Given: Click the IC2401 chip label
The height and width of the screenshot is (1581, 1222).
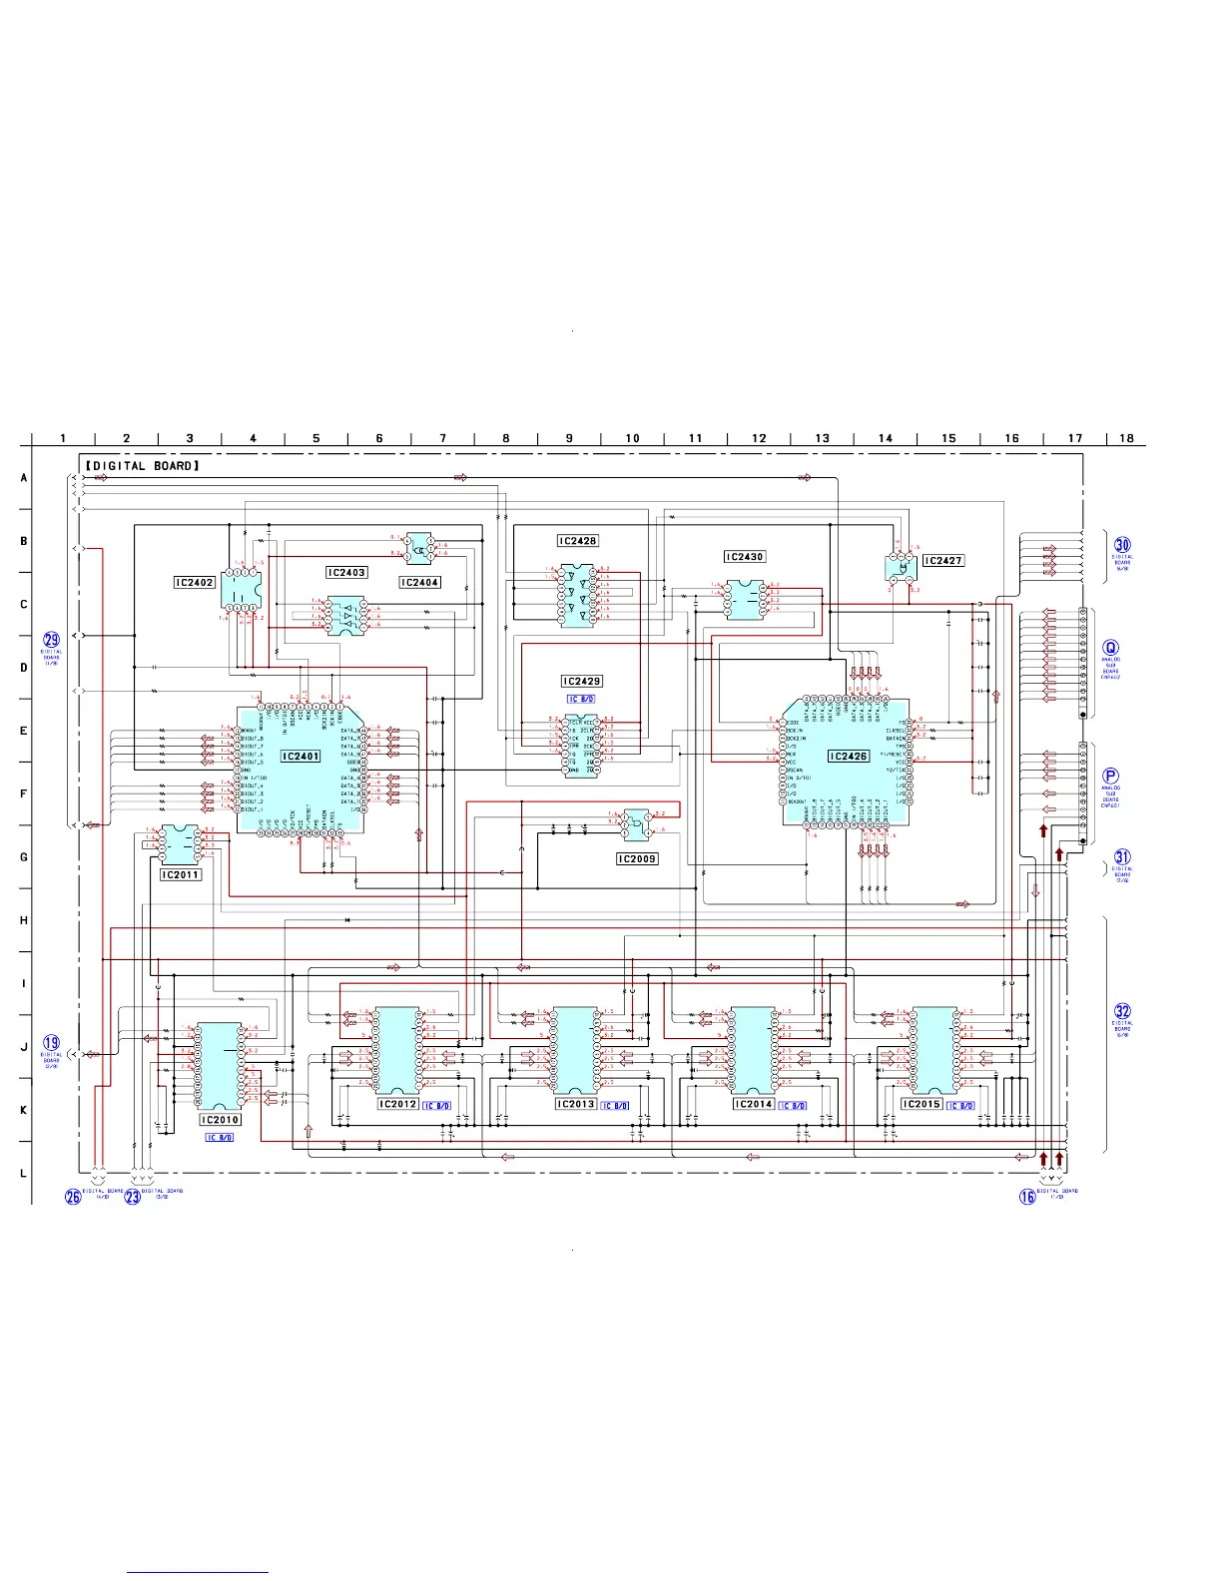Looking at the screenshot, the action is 301,757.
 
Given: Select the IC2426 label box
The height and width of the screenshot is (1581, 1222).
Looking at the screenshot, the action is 849,757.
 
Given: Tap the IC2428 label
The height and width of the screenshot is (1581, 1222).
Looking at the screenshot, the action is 577,541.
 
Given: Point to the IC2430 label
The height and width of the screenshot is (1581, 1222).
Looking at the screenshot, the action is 745,557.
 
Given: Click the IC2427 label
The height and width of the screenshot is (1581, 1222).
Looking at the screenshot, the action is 942,561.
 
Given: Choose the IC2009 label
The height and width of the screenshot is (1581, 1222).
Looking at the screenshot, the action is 637,858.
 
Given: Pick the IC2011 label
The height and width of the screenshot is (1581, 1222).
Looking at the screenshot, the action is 181,874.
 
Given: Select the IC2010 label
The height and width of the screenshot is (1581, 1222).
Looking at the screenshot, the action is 220,1120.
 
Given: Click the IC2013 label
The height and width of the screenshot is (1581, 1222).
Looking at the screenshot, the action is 575,1104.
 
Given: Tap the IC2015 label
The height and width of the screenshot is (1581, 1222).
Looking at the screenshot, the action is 921,1104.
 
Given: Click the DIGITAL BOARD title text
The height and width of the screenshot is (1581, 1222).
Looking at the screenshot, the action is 143,466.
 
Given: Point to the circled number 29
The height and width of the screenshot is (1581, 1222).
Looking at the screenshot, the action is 51,640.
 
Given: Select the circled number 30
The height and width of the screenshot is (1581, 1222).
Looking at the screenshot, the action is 1123,545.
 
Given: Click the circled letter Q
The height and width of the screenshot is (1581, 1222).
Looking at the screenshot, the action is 1111,648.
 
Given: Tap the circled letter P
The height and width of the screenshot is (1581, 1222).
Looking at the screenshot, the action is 1111,776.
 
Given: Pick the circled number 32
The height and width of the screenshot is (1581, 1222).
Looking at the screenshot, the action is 1123,1011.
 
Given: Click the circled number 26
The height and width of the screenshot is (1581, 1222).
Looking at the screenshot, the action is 73,1197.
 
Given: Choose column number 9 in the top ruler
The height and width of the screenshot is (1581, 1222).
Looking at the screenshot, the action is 569,438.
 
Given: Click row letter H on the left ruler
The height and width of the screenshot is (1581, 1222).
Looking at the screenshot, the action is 24,920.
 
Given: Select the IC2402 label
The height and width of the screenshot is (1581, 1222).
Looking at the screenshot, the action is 195,582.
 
